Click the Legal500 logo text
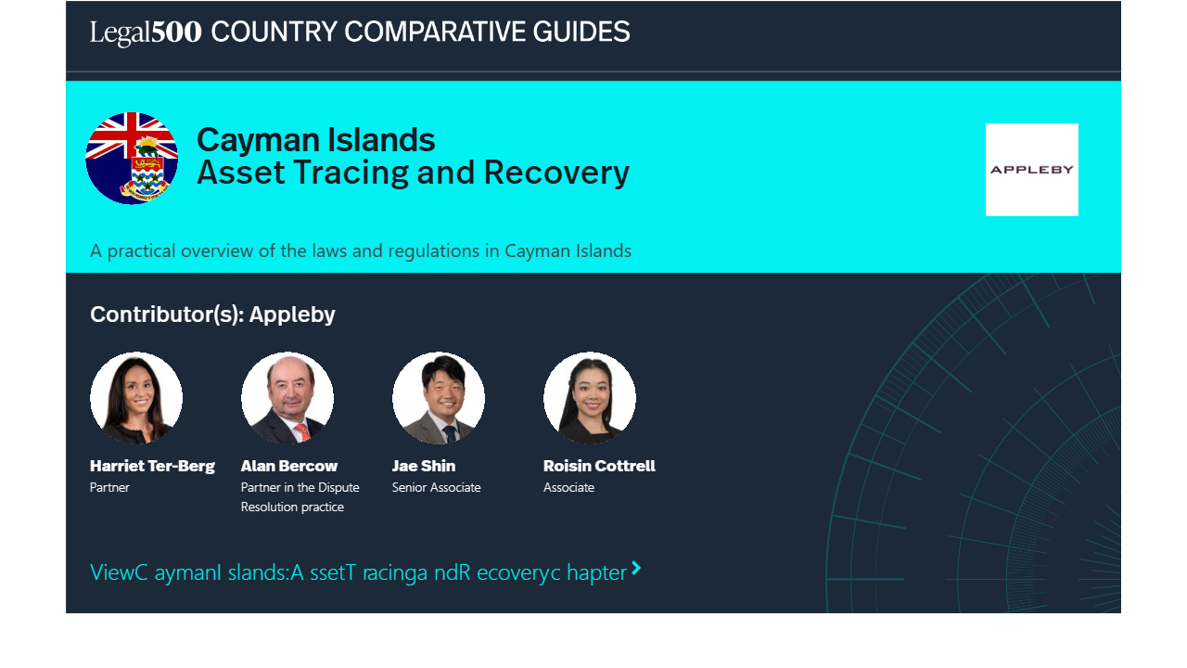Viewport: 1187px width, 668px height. (x=146, y=32)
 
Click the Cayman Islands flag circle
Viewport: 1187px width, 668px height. (x=132, y=158)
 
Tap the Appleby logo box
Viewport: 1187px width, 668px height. (x=1032, y=170)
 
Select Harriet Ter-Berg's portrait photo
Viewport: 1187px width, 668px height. (x=136, y=398)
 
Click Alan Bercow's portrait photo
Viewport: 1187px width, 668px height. (x=287, y=398)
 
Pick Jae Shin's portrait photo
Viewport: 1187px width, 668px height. (x=439, y=398)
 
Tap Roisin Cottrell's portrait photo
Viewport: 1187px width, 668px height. (x=589, y=398)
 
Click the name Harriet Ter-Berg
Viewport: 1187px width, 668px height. (x=152, y=466)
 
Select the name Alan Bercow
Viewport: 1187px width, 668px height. (x=288, y=466)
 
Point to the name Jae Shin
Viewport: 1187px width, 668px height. (x=424, y=466)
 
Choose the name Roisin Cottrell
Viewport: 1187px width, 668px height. (x=599, y=466)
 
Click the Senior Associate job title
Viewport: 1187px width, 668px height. (x=436, y=487)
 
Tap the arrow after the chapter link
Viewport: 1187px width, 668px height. (x=636, y=569)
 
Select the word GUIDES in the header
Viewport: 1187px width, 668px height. (x=581, y=32)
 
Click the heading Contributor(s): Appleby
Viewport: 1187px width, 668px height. (x=212, y=315)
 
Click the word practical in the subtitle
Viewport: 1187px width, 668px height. (x=141, y=250)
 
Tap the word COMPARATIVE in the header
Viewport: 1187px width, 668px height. (x=435, y=32)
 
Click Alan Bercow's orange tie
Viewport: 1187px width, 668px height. (x=302, y=432)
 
